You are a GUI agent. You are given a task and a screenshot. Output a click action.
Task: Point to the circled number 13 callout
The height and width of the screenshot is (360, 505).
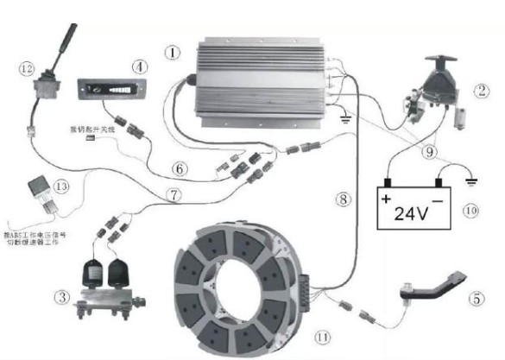coord(60,186)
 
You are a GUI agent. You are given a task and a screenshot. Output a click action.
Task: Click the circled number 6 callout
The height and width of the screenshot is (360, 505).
coord(179,167)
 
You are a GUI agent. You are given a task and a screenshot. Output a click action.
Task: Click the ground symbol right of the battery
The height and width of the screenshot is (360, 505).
coord(471,181)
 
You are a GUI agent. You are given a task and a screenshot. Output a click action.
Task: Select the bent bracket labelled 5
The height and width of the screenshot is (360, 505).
coord(432,289)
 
